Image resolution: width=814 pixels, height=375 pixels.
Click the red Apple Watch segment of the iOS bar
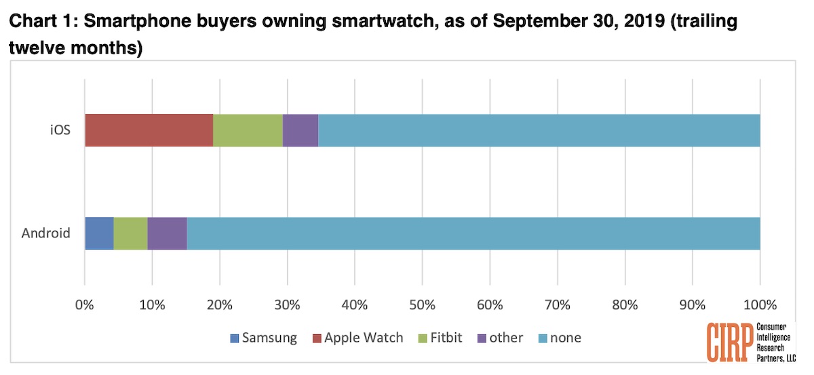click(149, 130)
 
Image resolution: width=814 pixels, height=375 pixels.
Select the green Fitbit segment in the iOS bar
click(248, 130)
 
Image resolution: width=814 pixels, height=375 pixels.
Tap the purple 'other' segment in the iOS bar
click(300, 130)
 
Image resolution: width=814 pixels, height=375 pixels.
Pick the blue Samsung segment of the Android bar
click(99, 233)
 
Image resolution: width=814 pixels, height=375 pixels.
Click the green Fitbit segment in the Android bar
click(130, 233)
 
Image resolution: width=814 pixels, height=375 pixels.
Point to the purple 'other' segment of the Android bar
click(167, 233)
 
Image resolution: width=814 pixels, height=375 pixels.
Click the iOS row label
click(60, 130)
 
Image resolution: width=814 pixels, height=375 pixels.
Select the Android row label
click(46, 233)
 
